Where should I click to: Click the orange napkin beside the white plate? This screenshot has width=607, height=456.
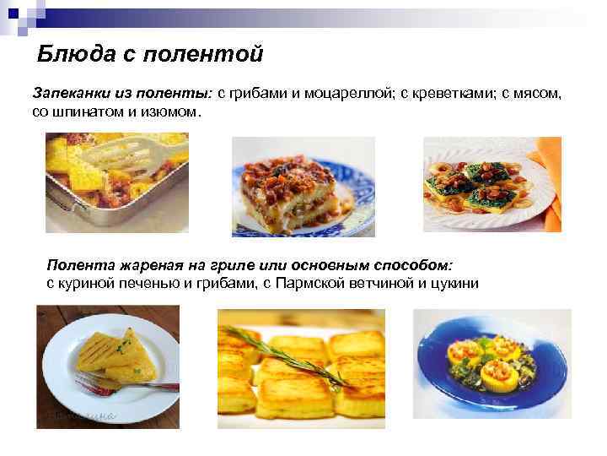[550, 177]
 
